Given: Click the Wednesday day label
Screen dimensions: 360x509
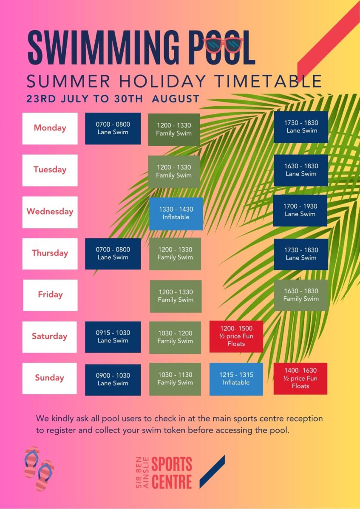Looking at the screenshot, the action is coord(50,212).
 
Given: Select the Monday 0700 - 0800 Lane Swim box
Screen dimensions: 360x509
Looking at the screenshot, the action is coord(113,128).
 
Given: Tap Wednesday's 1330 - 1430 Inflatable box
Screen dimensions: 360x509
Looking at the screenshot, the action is coord(176,214).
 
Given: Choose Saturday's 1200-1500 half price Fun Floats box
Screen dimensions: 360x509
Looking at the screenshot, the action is coord(236,337).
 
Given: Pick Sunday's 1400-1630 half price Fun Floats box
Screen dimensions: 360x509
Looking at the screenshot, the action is coord(300,379).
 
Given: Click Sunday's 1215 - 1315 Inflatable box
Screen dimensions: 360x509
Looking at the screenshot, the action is coord(236,379).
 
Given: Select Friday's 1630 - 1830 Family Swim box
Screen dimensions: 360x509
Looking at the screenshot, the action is coord(301,295).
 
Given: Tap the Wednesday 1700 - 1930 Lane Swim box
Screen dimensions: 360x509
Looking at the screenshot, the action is coord(300,210).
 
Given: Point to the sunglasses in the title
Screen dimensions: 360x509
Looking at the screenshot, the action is coord(223,45).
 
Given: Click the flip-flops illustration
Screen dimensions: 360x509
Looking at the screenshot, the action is coord(39,468).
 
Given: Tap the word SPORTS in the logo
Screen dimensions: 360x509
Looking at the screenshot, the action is coord(172,464).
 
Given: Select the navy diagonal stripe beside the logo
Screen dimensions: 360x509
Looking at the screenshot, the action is coord(212,471).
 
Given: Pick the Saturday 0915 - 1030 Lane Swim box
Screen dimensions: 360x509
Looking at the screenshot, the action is coord(113,337).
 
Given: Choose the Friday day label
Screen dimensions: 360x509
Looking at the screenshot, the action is coord(50,295).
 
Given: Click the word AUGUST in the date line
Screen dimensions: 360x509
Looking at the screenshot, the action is coord(176,99).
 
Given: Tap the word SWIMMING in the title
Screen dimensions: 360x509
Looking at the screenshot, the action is coord(104,48).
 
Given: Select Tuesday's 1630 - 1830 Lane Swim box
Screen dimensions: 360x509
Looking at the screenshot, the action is coord(301,170).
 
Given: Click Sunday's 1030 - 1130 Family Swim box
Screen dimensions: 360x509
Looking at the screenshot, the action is coord(175,379).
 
